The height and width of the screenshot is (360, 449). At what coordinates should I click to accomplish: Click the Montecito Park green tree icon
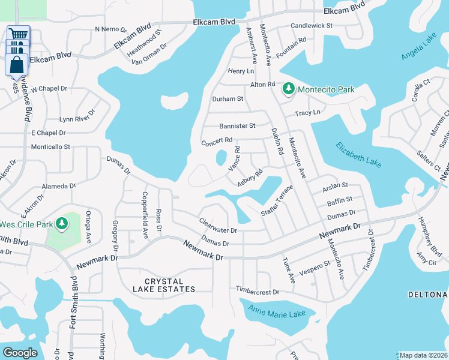(288, 89)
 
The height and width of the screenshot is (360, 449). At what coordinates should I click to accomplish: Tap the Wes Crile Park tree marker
(61, 224)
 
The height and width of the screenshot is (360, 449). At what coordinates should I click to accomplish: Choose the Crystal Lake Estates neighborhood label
(162, 285)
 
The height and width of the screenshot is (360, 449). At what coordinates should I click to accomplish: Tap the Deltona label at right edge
(428, 295)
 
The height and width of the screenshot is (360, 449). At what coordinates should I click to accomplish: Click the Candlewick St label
(312, 26)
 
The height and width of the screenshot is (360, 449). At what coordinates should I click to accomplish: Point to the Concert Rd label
(216, 143)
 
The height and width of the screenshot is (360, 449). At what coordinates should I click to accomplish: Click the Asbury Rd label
(250, 178)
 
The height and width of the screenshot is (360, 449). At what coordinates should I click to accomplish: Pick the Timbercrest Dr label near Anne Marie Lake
(258, 292)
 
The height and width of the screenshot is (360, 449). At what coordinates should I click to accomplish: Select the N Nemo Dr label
(111, 29)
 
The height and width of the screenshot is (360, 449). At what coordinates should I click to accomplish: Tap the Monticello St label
(51, 146)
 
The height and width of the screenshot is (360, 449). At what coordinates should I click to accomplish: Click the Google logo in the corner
(20, 353)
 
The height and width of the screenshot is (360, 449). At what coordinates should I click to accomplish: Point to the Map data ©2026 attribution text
(423, 355)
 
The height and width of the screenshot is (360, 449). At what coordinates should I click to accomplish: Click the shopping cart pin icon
(18, 35)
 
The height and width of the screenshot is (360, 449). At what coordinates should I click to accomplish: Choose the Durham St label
(228, 99)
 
